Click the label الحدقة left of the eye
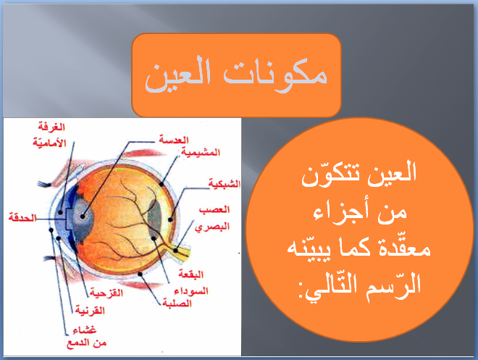20,217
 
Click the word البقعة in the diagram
211,275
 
